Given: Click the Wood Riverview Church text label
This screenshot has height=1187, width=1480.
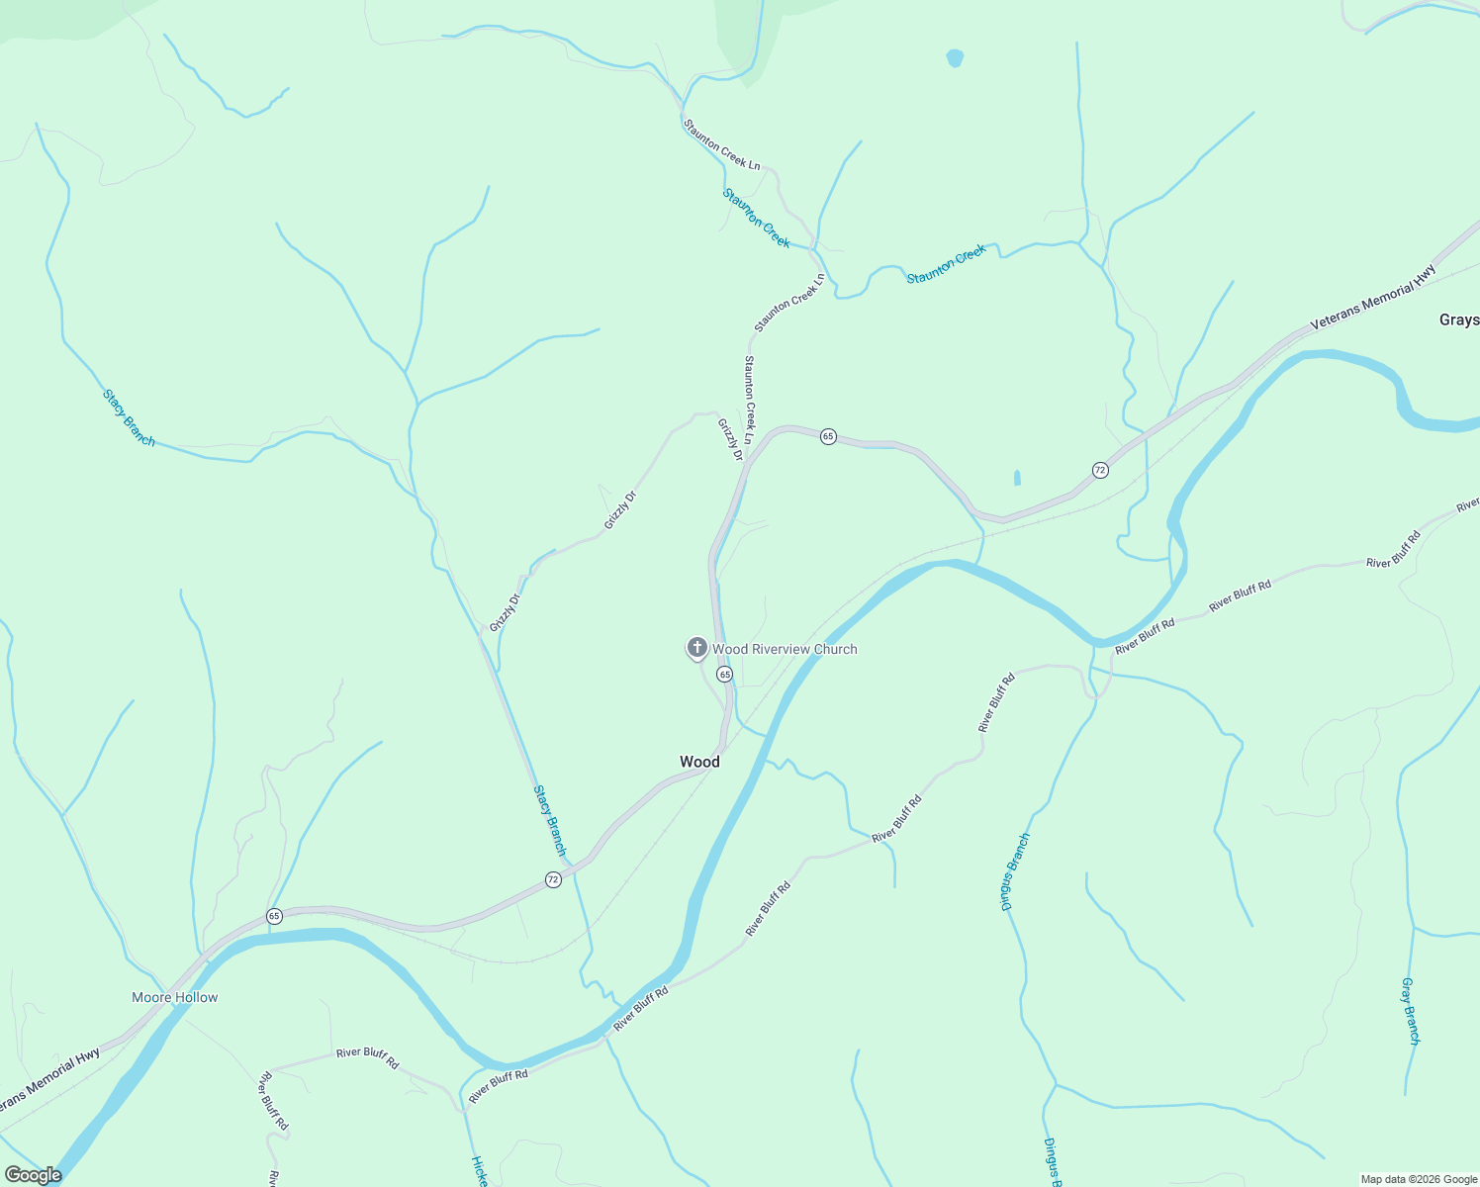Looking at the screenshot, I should click(785, 649).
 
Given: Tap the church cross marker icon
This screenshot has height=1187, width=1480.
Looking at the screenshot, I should click(696, 648).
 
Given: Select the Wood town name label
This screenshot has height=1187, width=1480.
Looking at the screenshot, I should click(699, 762).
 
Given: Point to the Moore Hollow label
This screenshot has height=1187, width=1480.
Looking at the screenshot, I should click(174, 997).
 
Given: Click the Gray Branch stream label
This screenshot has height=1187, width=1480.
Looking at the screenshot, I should click(1411, 1011).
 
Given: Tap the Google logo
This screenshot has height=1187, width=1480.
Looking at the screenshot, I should click(33, 1175).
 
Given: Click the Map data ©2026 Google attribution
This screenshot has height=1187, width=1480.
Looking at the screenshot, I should click(1418, 1179).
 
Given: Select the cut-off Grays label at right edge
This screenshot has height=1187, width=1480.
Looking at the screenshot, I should click(1459, 320).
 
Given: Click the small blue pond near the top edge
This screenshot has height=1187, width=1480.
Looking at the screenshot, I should click(955, 58).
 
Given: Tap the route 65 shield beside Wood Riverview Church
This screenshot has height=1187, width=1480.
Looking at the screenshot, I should click(725, 674).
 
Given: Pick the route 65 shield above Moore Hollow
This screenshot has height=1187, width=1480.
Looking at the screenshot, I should click(274, 916).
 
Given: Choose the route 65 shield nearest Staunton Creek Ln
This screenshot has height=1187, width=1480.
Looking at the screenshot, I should click(828, 436).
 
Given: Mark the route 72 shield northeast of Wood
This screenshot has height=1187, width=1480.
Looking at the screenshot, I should click(1100, 470).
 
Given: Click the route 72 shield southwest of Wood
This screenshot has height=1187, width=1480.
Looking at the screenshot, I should click(553, 879).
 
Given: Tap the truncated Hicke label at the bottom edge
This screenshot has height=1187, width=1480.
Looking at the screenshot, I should click(479, 1171).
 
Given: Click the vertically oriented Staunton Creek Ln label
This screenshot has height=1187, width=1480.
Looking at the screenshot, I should click(750, 399).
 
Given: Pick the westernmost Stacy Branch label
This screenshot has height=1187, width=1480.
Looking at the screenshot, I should click(129, 417).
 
